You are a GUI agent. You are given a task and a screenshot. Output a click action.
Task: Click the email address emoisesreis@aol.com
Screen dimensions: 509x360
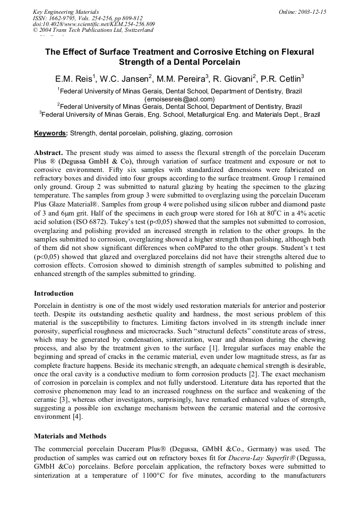[179, 99]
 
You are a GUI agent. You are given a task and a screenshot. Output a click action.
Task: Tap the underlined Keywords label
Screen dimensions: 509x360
[50, 133]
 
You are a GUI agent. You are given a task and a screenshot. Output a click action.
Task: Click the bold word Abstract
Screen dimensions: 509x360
[48, 152]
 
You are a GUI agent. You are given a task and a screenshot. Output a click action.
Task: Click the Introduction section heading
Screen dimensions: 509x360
[54, 293]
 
